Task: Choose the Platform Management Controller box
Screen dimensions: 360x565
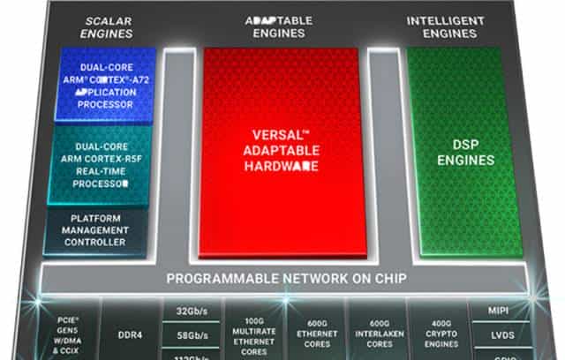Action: pos(97,230)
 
